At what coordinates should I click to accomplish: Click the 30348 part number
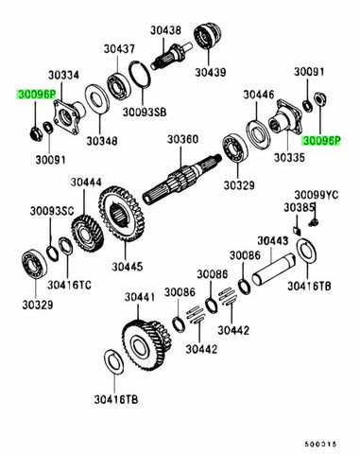click(101, 141)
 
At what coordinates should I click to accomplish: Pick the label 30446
click(257, 95)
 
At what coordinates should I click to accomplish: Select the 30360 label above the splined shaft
click(183, 140)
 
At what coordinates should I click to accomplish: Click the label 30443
click(272, 241)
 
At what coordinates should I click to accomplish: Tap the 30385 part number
click(300, 207)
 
